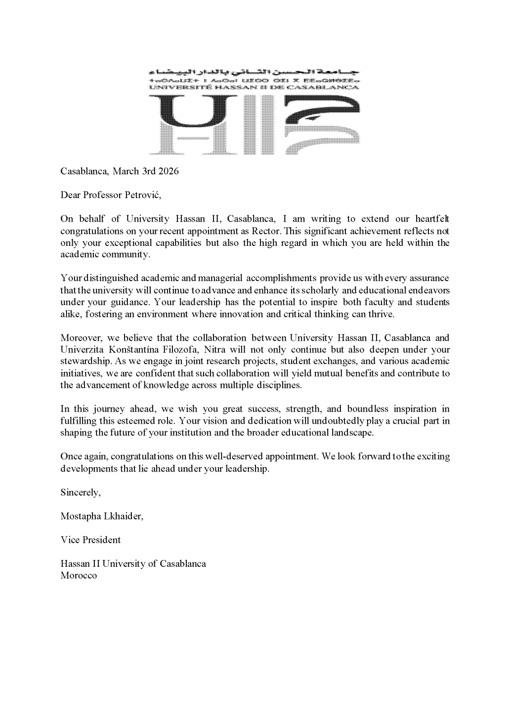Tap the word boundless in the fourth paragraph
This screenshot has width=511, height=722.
(x=367, y=409)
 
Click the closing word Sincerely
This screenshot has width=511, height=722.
(x=80, y=492)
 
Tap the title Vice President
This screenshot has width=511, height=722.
(x=91, y=540)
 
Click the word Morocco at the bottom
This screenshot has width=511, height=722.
(x=79, y=576)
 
